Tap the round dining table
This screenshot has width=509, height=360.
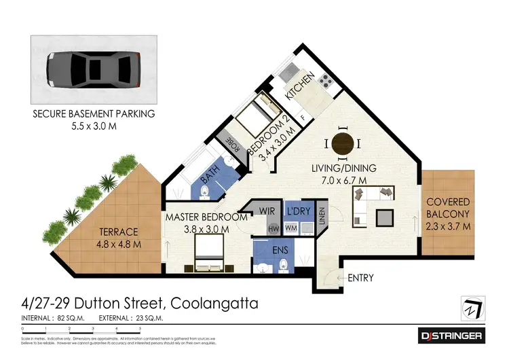[343, 144]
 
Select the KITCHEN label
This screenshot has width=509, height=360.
[299, 88]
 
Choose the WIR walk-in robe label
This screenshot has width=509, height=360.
[267, 211]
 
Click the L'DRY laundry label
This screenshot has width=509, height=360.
[298, 211]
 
